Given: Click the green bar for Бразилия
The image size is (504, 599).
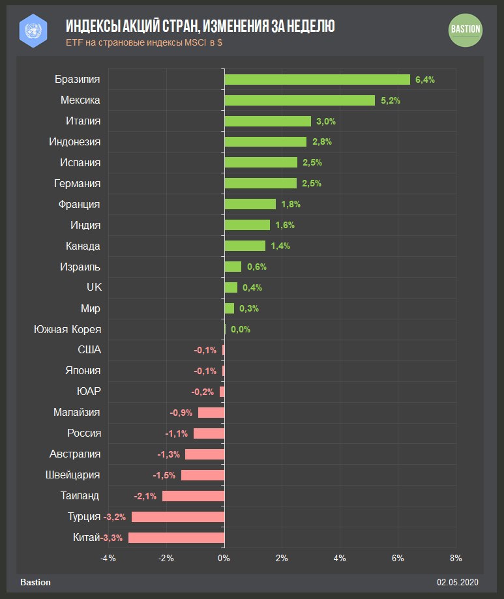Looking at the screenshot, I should tap(317, 80).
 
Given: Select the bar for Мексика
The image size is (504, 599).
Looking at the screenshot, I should tap(300, 100).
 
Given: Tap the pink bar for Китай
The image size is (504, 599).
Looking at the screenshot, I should tap(177, 538).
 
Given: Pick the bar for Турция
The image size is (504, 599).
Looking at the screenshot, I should tap(178, 517).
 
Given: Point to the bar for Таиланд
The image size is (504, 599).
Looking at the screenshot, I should tap(194, 496).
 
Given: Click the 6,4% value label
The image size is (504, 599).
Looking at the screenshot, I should tap(425, 80).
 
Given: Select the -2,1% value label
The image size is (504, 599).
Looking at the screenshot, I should tap(145, 496).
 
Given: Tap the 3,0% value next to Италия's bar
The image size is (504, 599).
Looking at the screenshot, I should tap(326, 121).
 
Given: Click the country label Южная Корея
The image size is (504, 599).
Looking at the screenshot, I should tap(67, 329).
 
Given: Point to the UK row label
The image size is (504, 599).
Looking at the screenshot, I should tap(94, 287).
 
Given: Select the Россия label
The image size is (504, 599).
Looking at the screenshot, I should tap(84, 433).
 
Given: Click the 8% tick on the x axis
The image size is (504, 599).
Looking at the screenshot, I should tap(456, 558).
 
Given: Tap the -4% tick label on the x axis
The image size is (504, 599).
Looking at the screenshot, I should tap(108, 558).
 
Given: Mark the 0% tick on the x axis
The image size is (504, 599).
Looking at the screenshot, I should tap(224, 558).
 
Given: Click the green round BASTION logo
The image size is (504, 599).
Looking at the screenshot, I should tap(466, 29).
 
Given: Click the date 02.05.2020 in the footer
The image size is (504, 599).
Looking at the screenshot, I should tap(458, 582).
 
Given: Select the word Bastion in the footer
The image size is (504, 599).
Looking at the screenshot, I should tap(35, 582).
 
